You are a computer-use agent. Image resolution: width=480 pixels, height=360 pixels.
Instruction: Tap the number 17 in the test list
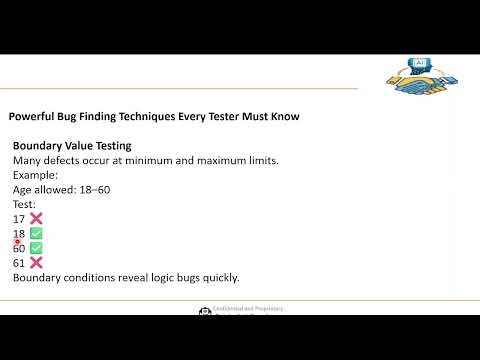(x=19, y=219)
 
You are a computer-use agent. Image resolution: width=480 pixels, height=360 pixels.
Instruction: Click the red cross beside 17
(x=36, y=219)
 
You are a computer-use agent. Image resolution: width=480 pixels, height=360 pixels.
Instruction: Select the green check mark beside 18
(x=36, y=233)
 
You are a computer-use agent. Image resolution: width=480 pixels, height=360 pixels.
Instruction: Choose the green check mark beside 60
(x=36, y=248)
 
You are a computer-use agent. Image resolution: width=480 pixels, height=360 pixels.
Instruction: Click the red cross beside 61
(x=36, y=262)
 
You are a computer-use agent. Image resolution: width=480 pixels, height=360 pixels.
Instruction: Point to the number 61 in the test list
(x=19, y=262)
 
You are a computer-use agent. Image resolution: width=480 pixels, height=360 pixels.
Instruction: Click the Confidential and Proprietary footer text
(x=245, y=312)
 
